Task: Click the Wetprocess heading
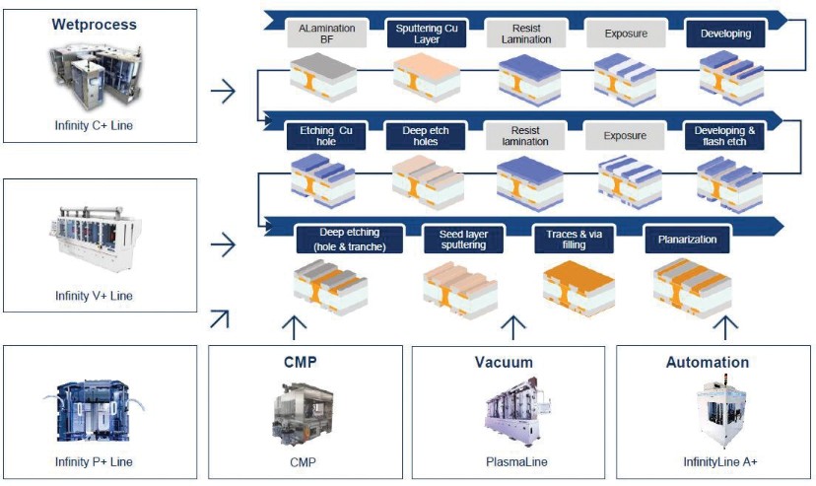click(94, 24)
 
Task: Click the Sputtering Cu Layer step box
click(427, 35)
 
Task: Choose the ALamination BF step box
click(326, 35)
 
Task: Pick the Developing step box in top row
click(725, 34)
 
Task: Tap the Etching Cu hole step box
click(324, 136)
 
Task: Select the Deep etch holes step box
click(427, 136)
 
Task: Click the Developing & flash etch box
click(725, 136)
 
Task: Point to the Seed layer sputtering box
click(456, 239)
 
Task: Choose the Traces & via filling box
click(574, 239)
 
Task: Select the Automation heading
click(708, 362)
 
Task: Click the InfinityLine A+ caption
click(708, 461)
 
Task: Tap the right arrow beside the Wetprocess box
click(224, 92)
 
